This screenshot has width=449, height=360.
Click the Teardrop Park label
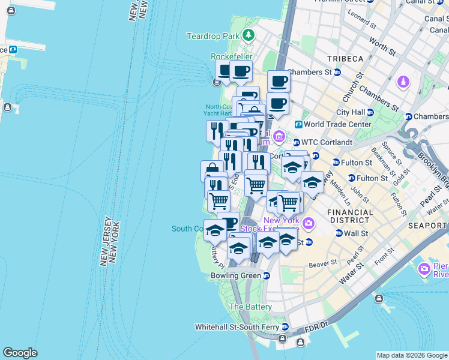[212, 36]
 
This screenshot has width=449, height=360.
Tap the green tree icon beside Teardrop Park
[248, 35]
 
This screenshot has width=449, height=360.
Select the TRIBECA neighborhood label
[345, 58]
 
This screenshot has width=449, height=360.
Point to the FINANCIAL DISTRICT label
[350, 217]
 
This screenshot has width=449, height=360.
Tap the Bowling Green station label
[236, 275]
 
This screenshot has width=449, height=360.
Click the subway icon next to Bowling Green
[266, 275]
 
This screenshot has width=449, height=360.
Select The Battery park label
[251, 307]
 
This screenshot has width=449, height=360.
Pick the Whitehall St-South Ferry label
[238, 327]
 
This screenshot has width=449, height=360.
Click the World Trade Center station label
[337, 124]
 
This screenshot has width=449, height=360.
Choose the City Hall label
[351, 112]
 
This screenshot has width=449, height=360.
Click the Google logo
[20, 353]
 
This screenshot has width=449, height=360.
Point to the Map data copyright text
[412, 355]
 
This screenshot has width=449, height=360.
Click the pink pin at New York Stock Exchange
[309, 224]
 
